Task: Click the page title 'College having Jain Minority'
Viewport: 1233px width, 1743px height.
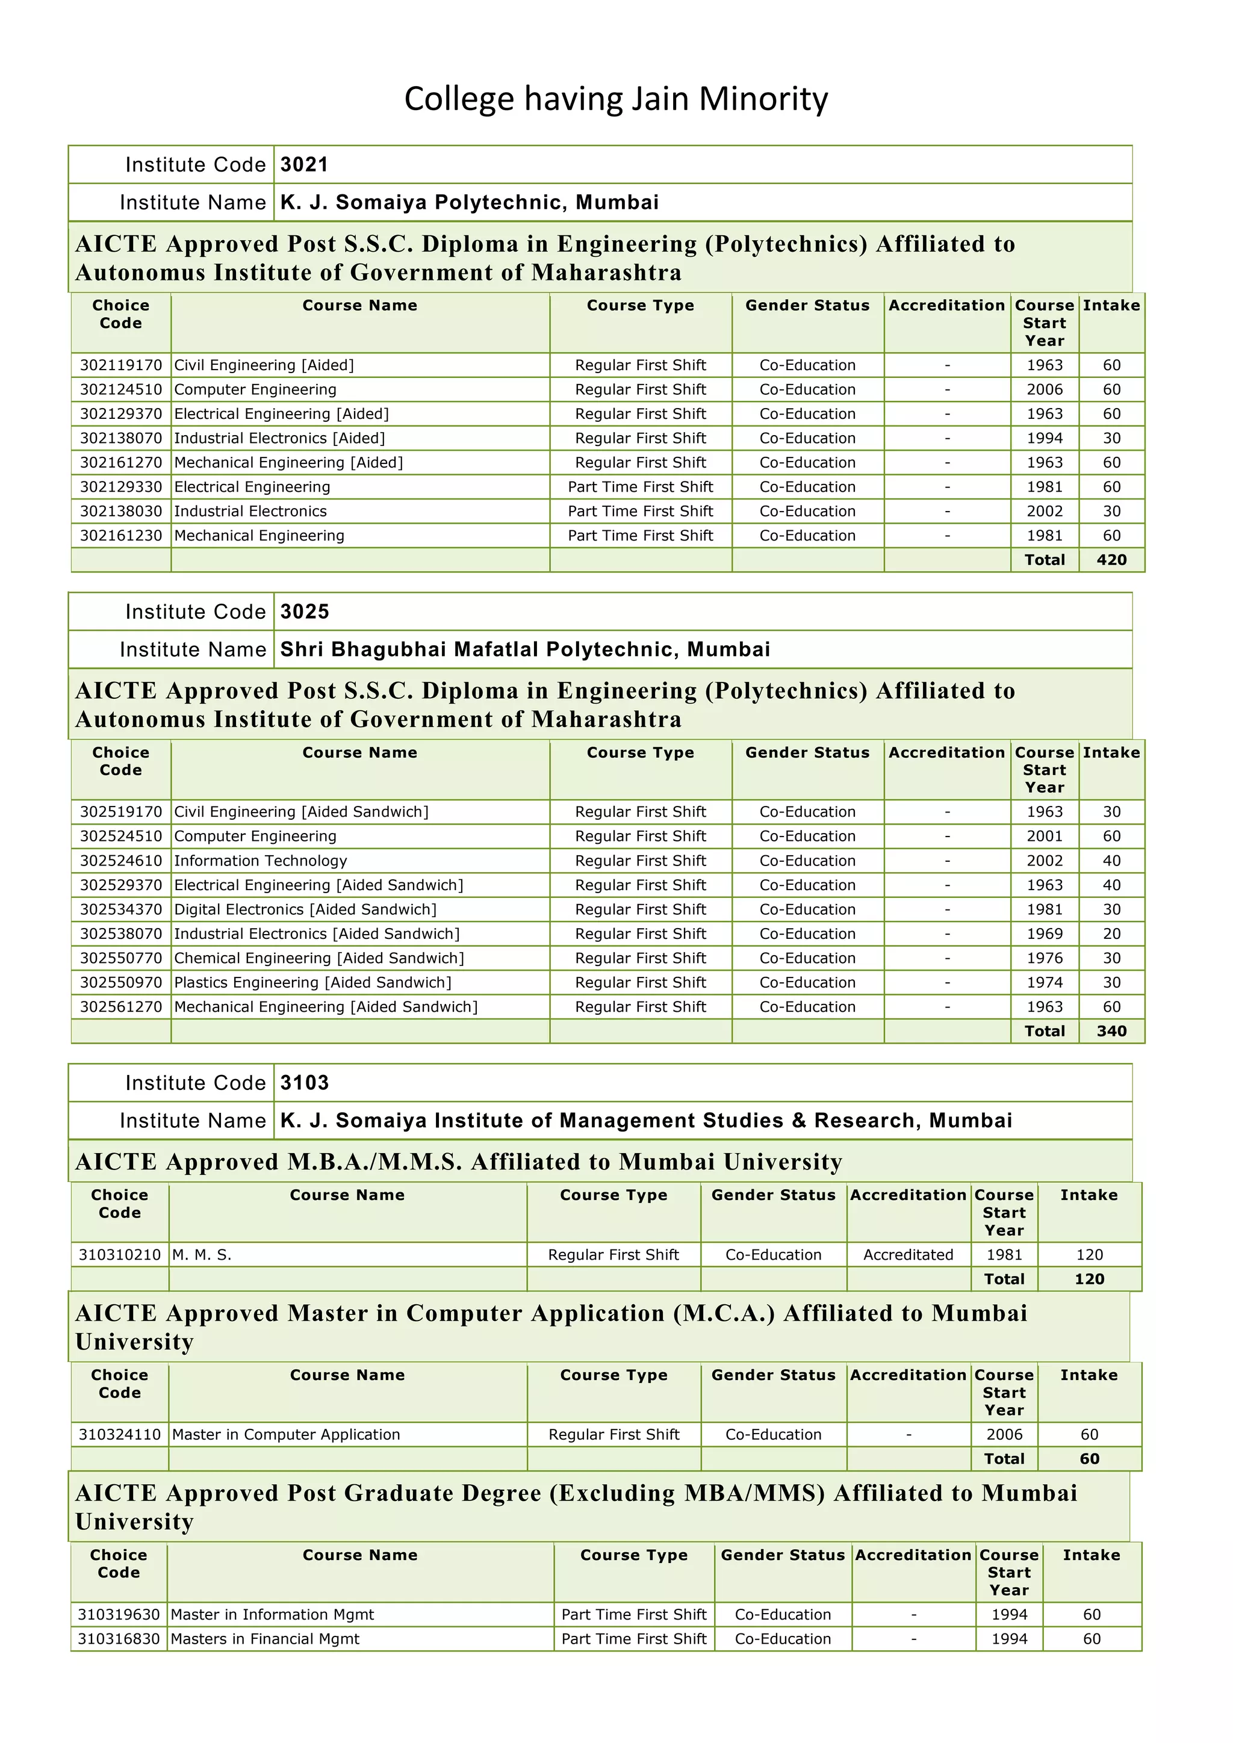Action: point(616,99)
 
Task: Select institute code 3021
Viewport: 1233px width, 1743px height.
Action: point(303,165)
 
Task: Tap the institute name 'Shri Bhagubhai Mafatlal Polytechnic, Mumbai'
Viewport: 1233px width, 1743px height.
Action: point(524,649)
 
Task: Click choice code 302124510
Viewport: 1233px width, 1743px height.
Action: point(121,389)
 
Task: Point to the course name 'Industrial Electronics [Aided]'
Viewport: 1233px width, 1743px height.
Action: point(279,438)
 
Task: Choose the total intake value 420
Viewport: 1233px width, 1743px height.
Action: point(1111,560)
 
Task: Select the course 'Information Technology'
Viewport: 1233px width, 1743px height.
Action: point(261,860)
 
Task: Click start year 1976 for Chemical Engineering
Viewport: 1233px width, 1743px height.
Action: point(1044,958)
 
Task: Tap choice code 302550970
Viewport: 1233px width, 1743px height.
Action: point(121,982)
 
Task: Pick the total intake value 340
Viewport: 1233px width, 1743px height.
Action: point(1111,1031)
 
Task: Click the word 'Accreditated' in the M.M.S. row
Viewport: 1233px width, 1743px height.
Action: point(908,1255)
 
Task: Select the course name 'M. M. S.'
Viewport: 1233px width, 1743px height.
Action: point(201,1255)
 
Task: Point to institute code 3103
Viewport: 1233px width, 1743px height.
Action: point(303,1083)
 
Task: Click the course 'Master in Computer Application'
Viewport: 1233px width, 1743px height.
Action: point(285,1434)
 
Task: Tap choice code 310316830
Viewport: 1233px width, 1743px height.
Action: point(119,1639)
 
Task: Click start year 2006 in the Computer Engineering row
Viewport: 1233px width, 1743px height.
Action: point(1044,389)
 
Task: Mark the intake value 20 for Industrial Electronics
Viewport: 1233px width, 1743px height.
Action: point(1111,933)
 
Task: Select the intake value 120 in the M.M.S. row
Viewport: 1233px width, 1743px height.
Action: point(1089,1255)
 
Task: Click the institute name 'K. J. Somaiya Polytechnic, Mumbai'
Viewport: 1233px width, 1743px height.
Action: point(469,203)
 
